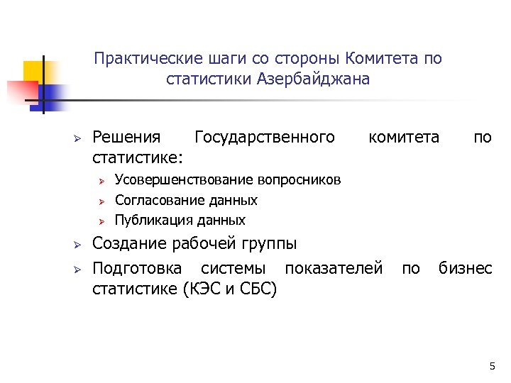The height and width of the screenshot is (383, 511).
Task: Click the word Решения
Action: pos(127,136)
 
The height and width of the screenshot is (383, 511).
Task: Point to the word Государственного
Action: pos(265,136)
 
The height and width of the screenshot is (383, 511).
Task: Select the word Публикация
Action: pos(143,220)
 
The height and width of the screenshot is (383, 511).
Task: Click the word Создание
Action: pos(128,244)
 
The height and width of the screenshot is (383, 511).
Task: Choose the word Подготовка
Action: pos(138,268)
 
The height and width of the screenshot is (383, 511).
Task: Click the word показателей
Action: pos(334,268)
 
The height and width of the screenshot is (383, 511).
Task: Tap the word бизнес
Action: pos(465,268)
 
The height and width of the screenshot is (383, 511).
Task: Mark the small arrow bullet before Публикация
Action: pos(101,221)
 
